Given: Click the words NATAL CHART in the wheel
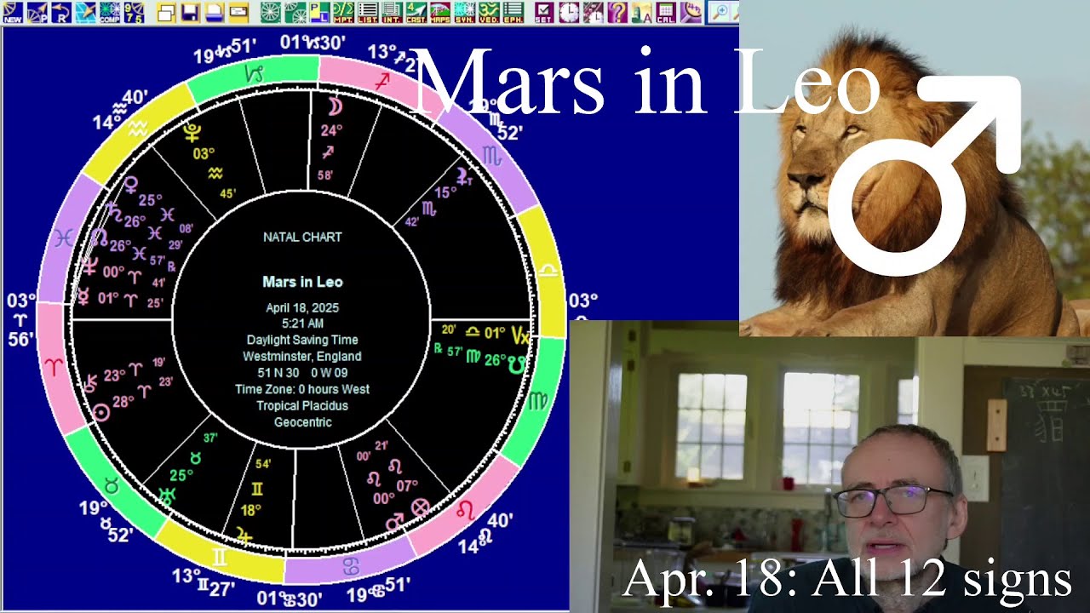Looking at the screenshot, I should (302, 238).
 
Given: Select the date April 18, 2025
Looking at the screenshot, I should (302, 307).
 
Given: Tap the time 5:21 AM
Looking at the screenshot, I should (302, 324).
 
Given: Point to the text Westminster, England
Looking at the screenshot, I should (302, 356).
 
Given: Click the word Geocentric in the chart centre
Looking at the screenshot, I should (302, 421).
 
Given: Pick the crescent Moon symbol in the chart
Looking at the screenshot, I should (335, 106).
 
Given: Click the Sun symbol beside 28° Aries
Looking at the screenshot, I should (101, 413).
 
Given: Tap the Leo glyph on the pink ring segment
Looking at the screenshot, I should (466, 510).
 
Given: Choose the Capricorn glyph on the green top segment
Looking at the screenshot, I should (254, 75).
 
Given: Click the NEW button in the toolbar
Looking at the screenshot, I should (12, 12).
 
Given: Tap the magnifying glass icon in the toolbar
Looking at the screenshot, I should (720, 12).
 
